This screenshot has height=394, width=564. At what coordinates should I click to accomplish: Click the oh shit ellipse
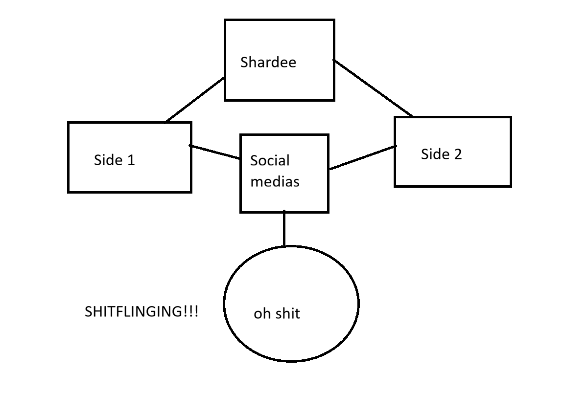coord(291,337)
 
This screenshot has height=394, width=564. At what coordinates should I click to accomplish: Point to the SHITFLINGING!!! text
coord(141,312)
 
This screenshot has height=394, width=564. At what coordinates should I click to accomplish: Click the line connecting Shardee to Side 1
coord(195,100)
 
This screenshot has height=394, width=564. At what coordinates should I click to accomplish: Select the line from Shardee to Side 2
coord(373,88)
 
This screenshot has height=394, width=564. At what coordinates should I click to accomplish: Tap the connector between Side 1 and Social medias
coord(215,152)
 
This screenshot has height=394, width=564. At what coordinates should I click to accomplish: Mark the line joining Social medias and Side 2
coord(362,157)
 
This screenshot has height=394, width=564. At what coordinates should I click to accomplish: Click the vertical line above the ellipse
coord(284,228)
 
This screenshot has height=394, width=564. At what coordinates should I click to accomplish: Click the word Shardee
coord(268,63)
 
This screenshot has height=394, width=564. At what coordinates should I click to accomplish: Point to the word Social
coord(270,161)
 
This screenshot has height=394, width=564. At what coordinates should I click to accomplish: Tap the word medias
coord(275,181)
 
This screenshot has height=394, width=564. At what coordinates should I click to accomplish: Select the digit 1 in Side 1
coord(131,160)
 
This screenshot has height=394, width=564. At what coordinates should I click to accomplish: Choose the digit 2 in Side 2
coord(457,154)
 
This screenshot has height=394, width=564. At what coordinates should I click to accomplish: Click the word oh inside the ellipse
coord(262,314)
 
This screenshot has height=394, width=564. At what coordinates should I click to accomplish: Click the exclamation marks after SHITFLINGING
coord(191,312)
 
